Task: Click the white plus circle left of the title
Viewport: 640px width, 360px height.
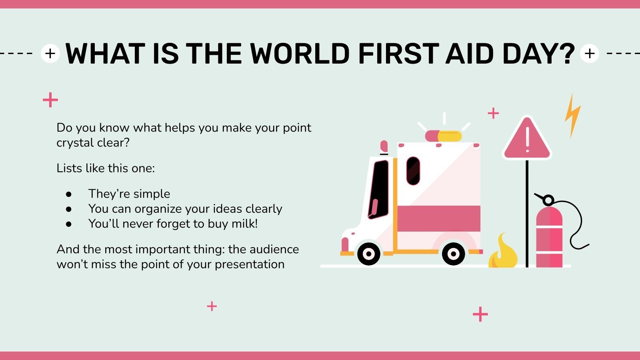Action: point(50,54)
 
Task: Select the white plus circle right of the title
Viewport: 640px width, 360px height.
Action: point(589,54)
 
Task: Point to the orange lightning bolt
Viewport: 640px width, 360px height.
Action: point(572,116)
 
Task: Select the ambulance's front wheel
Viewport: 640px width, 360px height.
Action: point(368,253)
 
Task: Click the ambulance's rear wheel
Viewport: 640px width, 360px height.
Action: point(453,253)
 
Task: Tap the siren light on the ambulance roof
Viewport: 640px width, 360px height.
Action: point(443,136)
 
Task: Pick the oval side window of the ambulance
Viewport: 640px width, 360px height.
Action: point(413,171)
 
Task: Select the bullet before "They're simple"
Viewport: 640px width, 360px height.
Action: point(69,194)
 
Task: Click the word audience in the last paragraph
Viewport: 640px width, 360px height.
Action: point(274,249)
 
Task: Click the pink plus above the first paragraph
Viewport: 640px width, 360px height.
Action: point(50,100)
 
